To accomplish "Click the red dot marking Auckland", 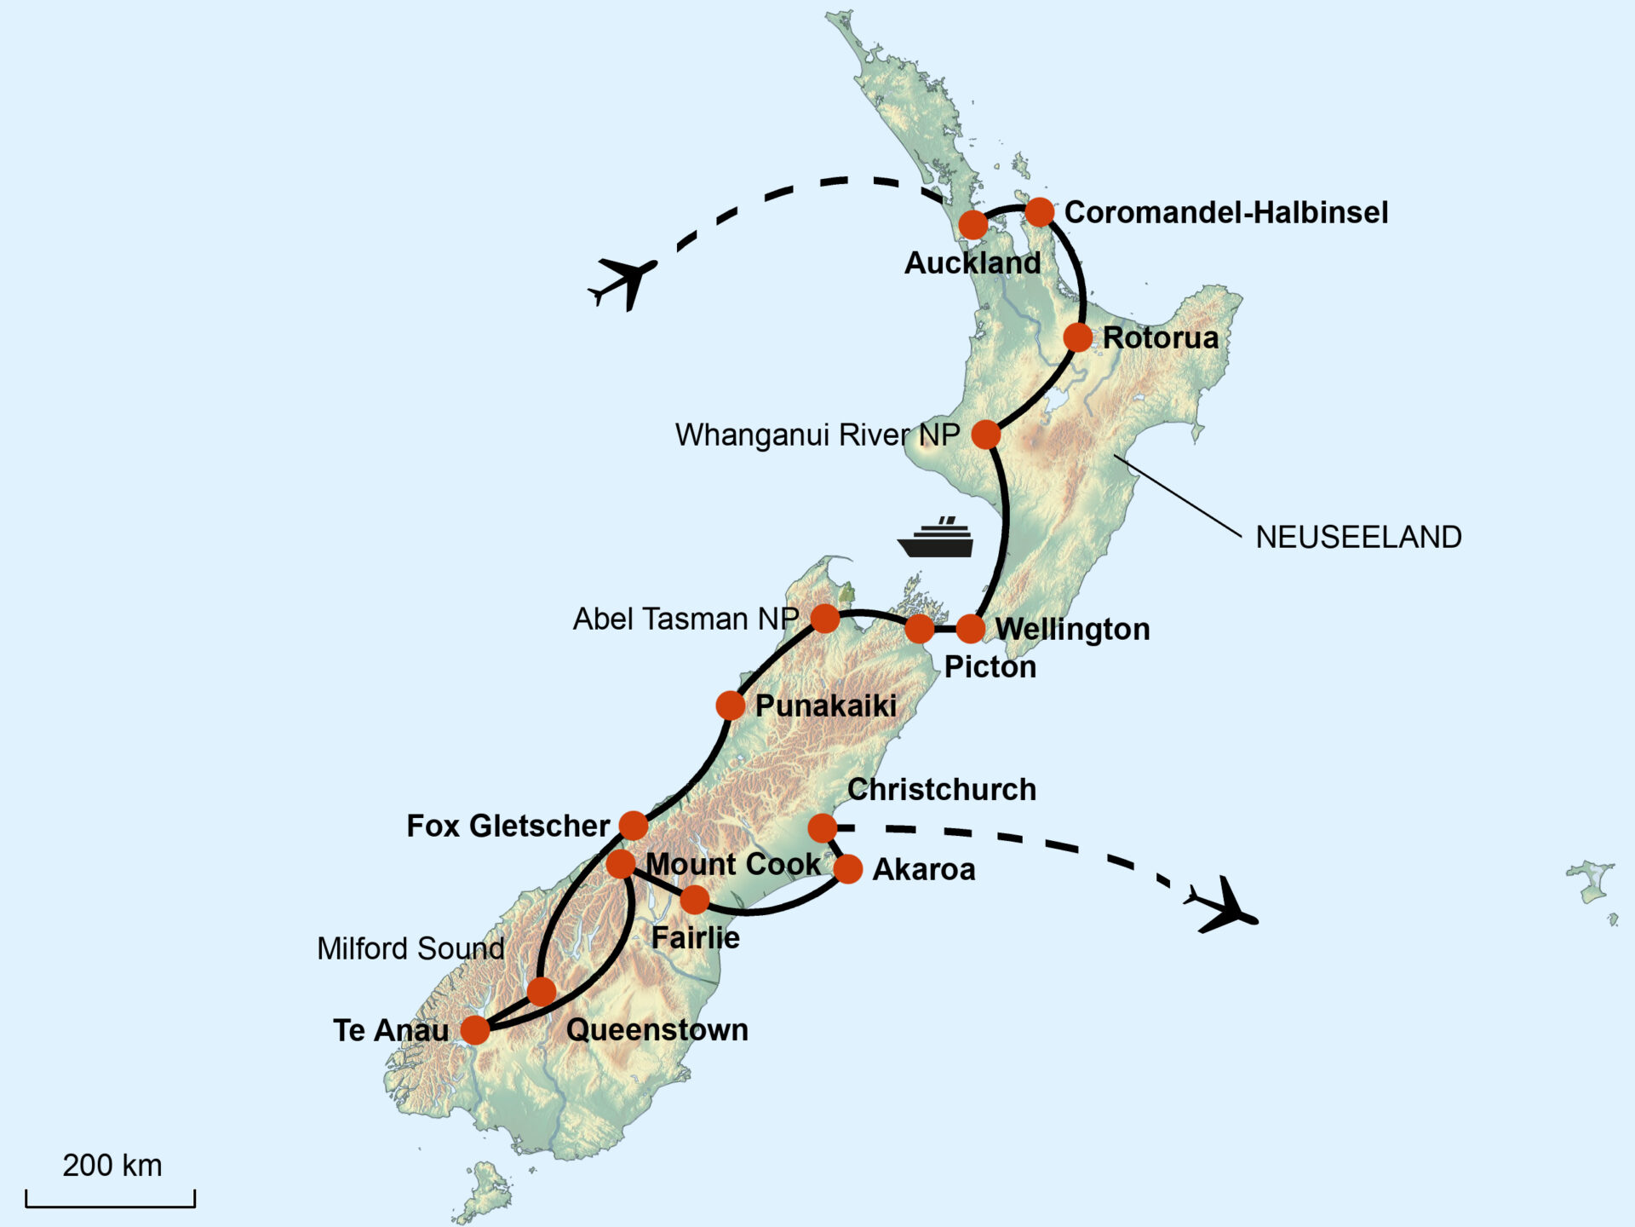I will click(972, 225).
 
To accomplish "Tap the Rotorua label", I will click(1160, 337).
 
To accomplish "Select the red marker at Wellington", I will click(970, 629).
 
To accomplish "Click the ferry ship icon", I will click(936, 538).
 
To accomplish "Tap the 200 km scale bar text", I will click(112, 1165).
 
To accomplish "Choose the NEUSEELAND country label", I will click(1358, 537).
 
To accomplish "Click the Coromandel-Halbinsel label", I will click(1225, 212).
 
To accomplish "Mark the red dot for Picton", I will click(919, 629).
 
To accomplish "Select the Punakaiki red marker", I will click(730, 706).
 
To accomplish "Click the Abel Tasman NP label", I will click(686, 619).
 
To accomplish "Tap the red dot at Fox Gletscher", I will click(633, 825).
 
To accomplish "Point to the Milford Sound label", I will click(410, 948).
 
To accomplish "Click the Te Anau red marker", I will click(475, 1029).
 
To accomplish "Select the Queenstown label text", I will click(657, 1029).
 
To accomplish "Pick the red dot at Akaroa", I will click(848, 869).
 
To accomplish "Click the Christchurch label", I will click(941, 789).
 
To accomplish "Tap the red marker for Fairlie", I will click(695, 899).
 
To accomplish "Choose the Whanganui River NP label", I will click(817, 435).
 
